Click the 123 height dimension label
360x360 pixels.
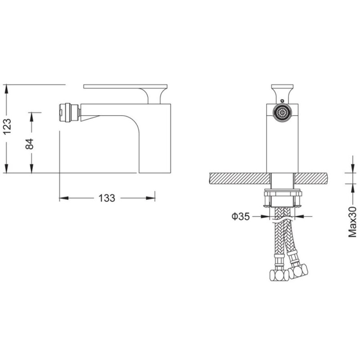point(7,126)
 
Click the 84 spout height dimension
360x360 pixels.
point(30,144)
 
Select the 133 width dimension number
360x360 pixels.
point(107,198)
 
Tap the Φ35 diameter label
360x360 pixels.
point(240,216)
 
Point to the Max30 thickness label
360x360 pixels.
point(353,222)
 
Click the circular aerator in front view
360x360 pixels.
point(282,113)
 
